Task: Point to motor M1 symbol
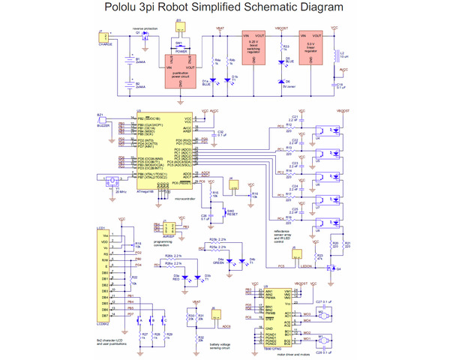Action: pyautogui.click(x=324, y=340)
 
